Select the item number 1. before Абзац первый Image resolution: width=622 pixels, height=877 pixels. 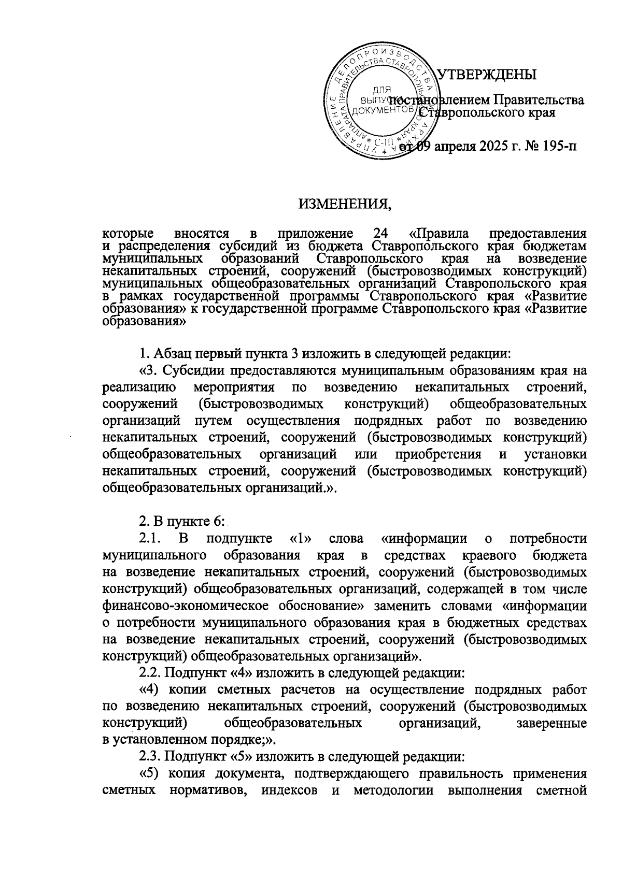click(145, 354)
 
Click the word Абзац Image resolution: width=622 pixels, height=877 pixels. click(173, 354)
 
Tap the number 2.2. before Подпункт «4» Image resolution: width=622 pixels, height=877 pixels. click(151, 673)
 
